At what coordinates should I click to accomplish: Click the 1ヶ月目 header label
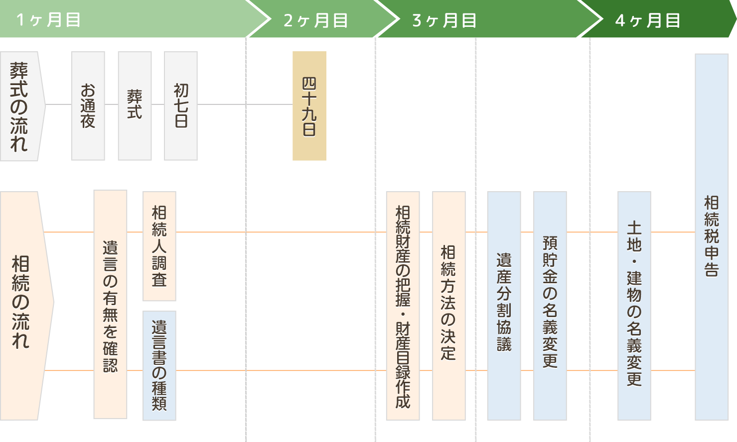coord(48,20)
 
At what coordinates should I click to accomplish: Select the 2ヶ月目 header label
coord(315,20)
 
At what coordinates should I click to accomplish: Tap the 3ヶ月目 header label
coord(444,20)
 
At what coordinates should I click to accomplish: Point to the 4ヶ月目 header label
coord(647,20)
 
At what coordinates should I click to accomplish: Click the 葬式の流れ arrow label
coord(20,106)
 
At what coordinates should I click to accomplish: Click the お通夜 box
coord(88,106)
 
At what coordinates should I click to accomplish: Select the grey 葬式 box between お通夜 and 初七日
coord(135,106)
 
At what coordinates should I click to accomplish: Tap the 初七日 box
coord(181,106)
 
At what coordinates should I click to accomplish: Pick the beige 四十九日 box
coord(309,106)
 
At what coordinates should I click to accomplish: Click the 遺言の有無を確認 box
coord(110,305)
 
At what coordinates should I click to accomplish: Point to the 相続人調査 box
coord(159,246)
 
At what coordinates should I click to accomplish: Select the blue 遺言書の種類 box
coord(159,365)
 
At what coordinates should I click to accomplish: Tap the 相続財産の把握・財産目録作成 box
coord(403,306)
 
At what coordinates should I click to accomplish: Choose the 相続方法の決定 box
coord(448,306)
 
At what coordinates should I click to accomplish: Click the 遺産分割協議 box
coord(504,306)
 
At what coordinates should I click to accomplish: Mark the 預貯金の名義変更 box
coord(550,306)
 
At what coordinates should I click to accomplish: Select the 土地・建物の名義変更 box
coord(634,306)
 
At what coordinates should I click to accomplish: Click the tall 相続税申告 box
coord(712,237)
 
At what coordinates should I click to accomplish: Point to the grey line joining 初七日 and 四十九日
coord(244,104)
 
